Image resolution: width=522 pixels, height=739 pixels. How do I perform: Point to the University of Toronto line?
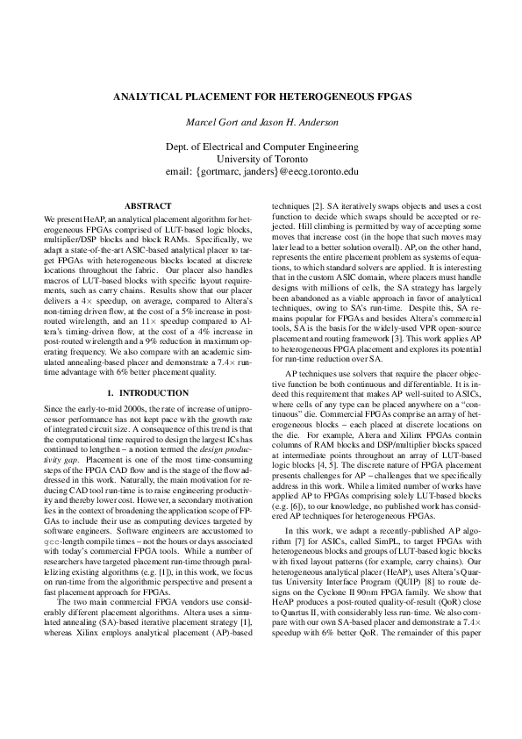tap(261, 159)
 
